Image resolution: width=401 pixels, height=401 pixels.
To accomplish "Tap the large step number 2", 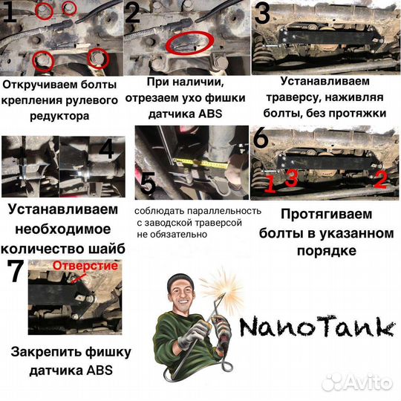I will (134, 13).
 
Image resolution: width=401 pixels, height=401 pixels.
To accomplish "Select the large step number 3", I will (262, 13).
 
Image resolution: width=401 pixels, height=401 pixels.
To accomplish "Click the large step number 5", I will (149, 183).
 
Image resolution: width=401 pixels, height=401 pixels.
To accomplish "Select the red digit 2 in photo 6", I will (379, 178).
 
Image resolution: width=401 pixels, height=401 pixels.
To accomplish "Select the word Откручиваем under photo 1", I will (33, 85).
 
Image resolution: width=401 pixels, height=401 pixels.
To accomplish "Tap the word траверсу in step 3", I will (297, 100).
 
